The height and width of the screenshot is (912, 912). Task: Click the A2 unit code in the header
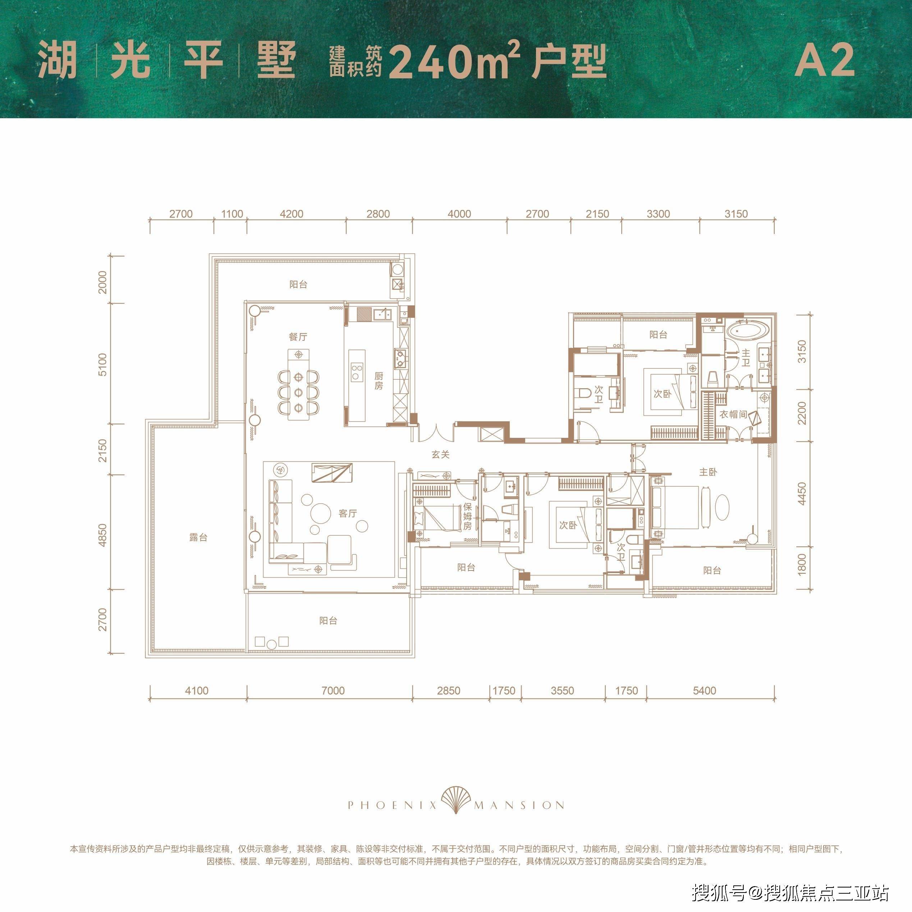[x=824, y=60]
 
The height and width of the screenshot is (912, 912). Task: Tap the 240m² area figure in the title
[x=454, y=60]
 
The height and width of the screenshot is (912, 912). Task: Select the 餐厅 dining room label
[x=298, y=337]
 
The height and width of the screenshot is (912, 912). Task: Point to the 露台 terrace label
[x=198, y=537]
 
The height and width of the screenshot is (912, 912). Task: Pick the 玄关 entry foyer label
[x=440, y=455]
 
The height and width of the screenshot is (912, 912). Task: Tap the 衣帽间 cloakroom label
[x=733, y=414]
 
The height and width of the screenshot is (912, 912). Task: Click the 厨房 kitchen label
[x=379, y=380]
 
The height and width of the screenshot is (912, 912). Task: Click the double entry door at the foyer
[x=436, y=432]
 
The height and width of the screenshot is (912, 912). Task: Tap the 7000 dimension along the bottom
[x=333, y=691]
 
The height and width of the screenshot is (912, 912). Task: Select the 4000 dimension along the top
[x=459, y=214]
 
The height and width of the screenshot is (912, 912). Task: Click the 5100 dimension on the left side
[x=103, y=364]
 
